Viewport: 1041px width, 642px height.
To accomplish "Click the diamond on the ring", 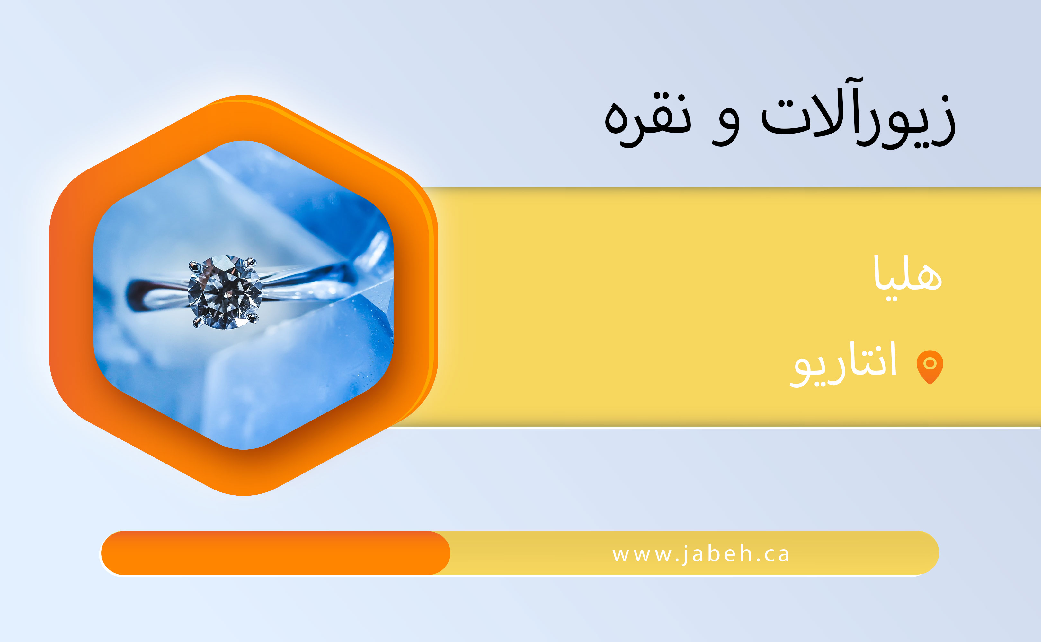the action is [x=225, y=292].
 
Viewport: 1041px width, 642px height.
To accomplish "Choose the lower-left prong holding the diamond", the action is [x=198, y=323].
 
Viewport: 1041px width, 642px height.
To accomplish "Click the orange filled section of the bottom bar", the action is [x=275, y=553].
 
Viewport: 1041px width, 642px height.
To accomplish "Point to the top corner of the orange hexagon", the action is [x=244, y=96].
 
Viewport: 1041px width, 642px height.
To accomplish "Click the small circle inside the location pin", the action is [x=930, y=363].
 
